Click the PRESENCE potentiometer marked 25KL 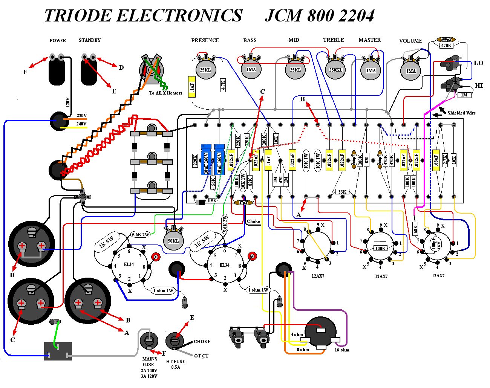tap(205, 69)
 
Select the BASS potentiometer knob tap(251, 69)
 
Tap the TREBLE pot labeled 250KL tap(335, 69)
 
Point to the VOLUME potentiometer tap(411, 70)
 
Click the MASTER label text tap(369, 40)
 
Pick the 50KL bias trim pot tap(173, 240)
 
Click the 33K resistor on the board tap(342, 192)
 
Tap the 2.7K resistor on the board tap(445, 160)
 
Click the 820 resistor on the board tap(366, 160)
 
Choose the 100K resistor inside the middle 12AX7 tap(380, 248)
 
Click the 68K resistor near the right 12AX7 tap(416, 228)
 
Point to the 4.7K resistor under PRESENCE tap(223, 85)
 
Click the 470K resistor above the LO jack tap(446, 46)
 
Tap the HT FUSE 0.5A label tap(175, 364)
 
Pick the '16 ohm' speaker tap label tap(342, 350)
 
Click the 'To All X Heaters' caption tap(165, 93)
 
